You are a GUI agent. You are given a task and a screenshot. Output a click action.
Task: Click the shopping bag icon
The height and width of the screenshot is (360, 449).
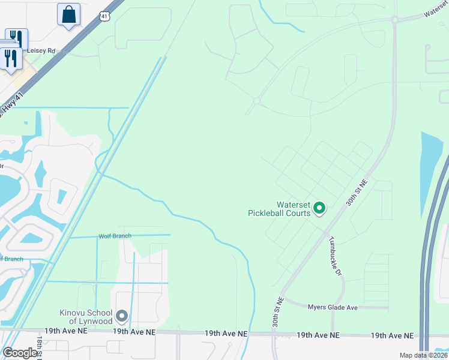[x=68, y=14]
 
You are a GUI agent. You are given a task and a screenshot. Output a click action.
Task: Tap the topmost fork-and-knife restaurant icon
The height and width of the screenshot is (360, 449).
[x=16, y=39]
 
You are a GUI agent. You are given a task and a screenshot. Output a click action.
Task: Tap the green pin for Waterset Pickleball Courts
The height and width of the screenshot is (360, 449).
[x=320, y=208]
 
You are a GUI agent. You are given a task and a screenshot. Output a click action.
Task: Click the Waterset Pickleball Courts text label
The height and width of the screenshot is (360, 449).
[x=279, y=209]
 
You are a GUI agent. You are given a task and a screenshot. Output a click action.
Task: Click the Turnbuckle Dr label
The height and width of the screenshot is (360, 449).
[x=334, y=256]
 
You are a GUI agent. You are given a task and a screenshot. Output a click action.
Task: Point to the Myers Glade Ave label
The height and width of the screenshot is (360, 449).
[x=333, y=308]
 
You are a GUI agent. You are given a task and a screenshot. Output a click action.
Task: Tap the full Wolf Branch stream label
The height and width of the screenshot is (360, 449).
[x=115, y=236]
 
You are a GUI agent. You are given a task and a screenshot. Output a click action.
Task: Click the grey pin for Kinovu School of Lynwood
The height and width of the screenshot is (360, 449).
[x=122, y=316]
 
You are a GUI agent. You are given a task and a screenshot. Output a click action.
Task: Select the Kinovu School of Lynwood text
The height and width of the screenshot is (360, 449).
[x=86, y=316]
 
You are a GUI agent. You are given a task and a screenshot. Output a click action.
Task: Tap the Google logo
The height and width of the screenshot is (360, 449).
[x=20, y=353]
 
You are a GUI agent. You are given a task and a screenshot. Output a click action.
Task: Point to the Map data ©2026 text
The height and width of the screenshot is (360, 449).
[x=423, y=355]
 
